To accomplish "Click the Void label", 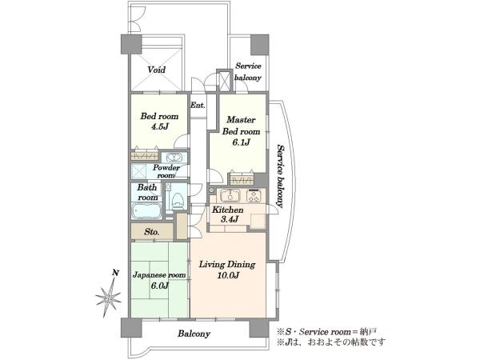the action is point(157,70).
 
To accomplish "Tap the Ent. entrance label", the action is point(198,106).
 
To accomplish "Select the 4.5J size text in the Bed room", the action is point(159,126).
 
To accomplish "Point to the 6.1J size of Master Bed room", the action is point(242,142).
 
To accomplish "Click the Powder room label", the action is point(166,171).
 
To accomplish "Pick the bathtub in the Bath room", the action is point(146,211).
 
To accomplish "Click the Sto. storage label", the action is point(152,232).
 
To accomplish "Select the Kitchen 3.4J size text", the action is point(229,219).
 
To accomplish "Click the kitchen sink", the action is point(230,195).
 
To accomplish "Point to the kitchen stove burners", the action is point(254,196).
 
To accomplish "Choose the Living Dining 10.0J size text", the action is point(228,275).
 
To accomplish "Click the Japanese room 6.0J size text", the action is point(159,286).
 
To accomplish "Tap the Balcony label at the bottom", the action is point(194,334).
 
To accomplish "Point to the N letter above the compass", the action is point(115,273).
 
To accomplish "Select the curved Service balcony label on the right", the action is point(281,176).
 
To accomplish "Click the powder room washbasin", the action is point(174,158).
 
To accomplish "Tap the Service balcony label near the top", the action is point(248,72).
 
